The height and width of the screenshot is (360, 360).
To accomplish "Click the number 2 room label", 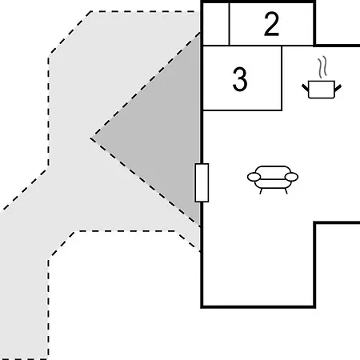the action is pyautogui.click(x=271, y=24).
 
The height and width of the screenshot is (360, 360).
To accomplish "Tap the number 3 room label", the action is pyautogui.click(x=240, y=79).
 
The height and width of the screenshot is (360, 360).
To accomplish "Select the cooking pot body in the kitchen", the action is pyautogui.click(x=322, y=90).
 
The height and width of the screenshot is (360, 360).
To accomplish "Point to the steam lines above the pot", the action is pyautogui.click(x=322, y=66).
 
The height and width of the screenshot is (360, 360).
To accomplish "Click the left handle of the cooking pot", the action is pyautogui.click(x=305, y=87).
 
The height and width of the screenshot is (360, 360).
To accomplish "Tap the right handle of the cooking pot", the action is pyautogui.click(x=338, y=88).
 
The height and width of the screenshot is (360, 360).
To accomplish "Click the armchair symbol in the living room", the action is pyautogui.click(x=273, y=179).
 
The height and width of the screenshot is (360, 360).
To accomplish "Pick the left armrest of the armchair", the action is pyautogui.click(x=254, y=177).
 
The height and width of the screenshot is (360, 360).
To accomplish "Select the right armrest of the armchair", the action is pyautogui.click(x=291, y=177).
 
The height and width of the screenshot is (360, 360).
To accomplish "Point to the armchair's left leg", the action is pyautogui.click(x=261, y=191).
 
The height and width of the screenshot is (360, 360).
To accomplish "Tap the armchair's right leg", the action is pyautogui.click(x=286, y=191).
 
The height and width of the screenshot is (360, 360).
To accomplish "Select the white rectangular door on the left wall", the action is pyautogui.click(x=202, y=182).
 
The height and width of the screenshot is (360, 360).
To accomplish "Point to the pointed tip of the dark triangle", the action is pyautogui.click(x=90, y=138).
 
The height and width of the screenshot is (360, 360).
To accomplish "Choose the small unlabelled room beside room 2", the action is pyautogui.click(x=216, y=24).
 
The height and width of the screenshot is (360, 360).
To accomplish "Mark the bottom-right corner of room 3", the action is pyautogui.click(x=282, y=110).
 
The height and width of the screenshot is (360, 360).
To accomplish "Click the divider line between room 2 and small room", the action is pyautogui.click(x=229, y=24).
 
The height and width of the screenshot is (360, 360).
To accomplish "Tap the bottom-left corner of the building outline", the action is pyautogui.click(x=202, y=307).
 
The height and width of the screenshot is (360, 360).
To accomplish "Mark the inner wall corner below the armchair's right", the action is pyautogui.click(x=315, y=222).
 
